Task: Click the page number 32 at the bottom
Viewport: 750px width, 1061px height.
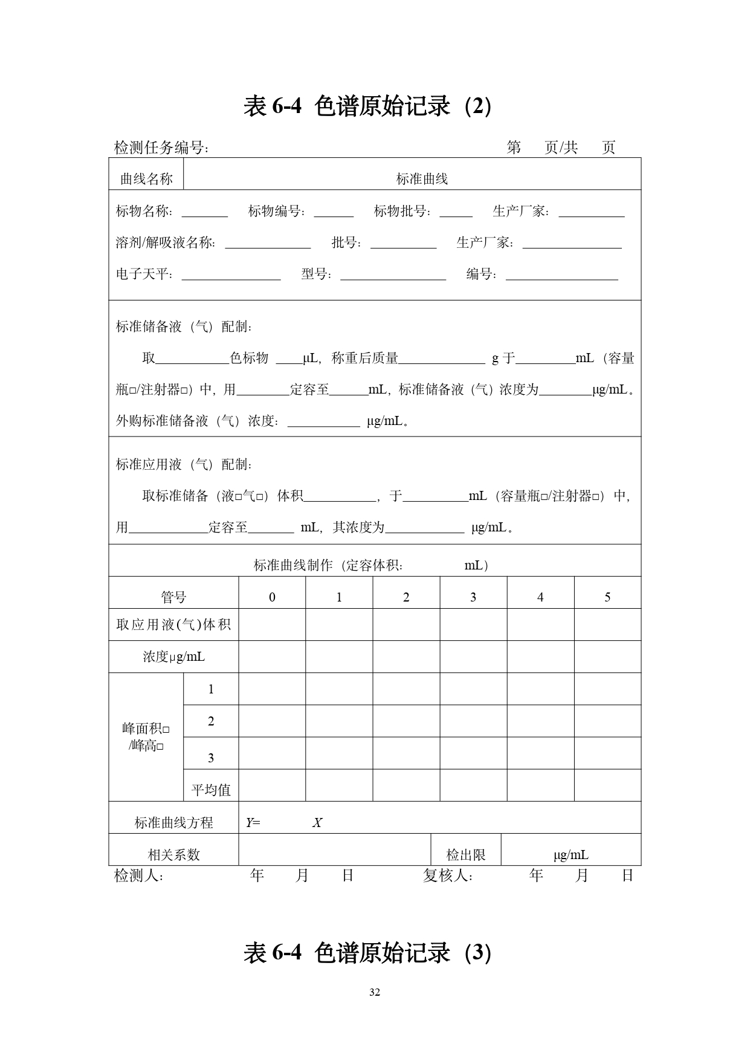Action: (375, 992)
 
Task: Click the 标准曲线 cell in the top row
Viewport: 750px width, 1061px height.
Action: (421, 179)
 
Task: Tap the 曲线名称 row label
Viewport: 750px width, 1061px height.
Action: (146, 179)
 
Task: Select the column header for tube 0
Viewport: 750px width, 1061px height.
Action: (272, 597)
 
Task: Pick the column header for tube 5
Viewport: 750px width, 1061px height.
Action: (607, 597)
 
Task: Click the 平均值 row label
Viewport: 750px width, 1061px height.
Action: (211, 790)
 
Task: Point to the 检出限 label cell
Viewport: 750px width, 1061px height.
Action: (466, 854)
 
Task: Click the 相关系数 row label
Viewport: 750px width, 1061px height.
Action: (173, 854)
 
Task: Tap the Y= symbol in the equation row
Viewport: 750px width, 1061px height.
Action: (253, 822)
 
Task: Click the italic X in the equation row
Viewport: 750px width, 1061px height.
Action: (317, 822)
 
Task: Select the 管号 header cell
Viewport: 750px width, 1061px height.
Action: (173, 597)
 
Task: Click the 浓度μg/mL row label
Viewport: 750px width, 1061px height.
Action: (173, 657)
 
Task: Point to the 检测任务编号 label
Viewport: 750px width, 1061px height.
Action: (161, 148)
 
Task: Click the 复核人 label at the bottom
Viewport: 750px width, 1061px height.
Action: (447, 875)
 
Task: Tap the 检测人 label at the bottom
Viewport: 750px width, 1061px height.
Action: (138, 875)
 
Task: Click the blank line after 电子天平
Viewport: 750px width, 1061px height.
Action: (231, 278)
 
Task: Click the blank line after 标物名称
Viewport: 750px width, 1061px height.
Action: (204, 215)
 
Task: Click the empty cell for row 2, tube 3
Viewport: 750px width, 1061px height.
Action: (473, 721)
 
